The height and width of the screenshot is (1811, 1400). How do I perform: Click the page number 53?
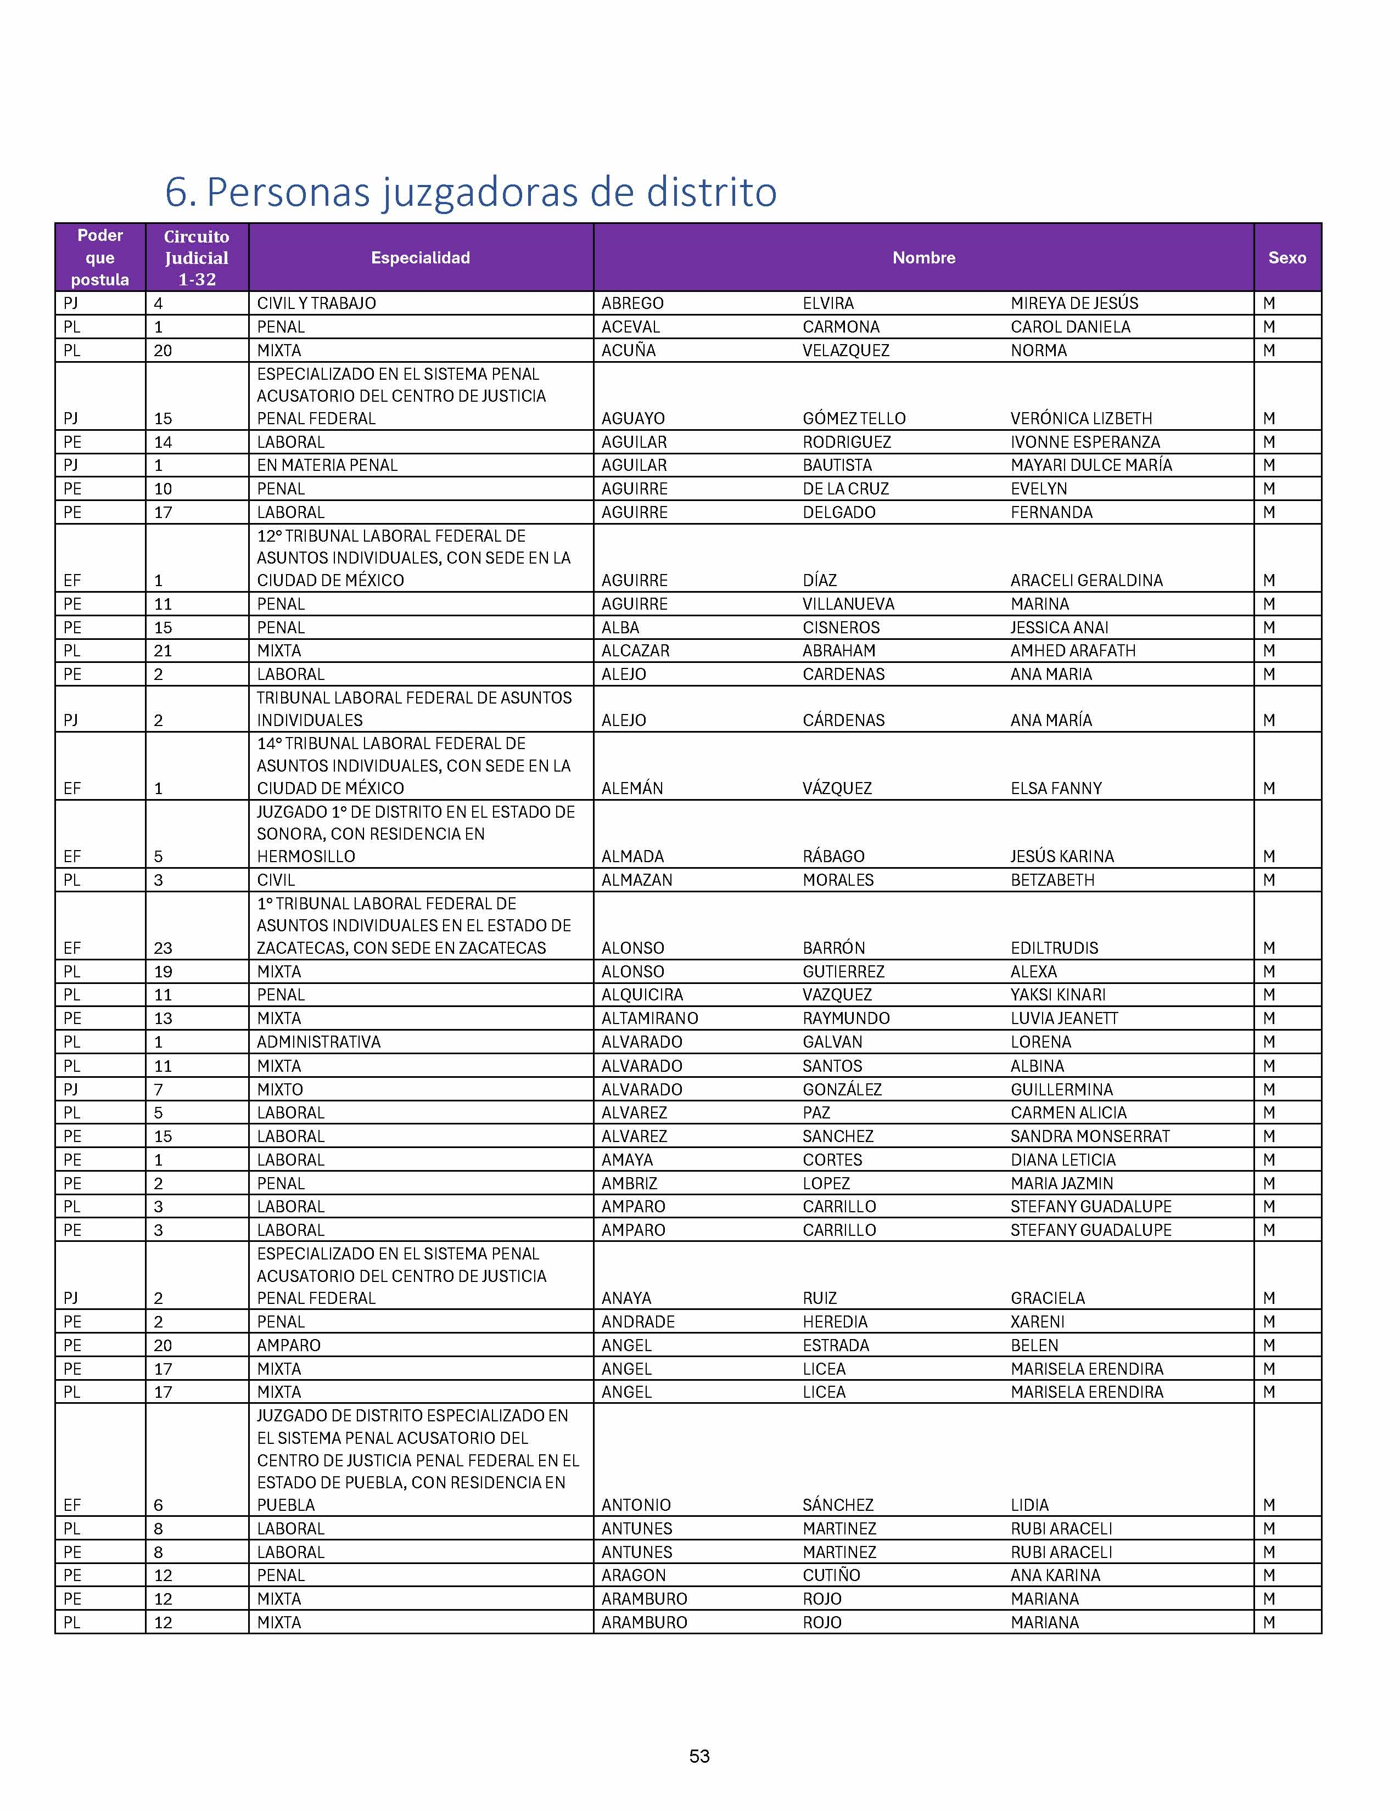click(699, 1756)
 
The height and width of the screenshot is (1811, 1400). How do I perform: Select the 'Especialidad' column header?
click(421, 258)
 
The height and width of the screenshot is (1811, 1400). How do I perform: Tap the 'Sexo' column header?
click(1286, 258)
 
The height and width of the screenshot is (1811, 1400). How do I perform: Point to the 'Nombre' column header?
click(923, 258)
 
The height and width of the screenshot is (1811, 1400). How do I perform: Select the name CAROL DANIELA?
click(1070, 327)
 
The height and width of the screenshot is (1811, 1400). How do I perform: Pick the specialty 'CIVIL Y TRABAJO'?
click(316, 303)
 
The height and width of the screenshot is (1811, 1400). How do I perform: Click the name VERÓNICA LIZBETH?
click(1080, 419)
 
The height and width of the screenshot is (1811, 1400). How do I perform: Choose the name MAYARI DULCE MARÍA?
click(1091, 465)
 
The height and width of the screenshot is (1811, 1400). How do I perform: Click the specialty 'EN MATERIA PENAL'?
click(327, 465)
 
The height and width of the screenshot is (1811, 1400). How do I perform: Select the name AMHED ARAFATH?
click(1072, 651)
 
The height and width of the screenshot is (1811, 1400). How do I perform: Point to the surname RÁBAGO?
click(833, 857)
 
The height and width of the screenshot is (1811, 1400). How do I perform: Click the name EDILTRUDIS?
click(1054, 948)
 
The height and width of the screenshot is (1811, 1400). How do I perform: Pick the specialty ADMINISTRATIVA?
click(318, 1042)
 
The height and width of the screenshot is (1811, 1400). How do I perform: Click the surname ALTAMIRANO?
click(649, 1018)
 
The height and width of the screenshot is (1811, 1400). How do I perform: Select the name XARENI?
click(1037, 1322)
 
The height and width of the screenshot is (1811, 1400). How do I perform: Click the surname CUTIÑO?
click(831, 1576)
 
